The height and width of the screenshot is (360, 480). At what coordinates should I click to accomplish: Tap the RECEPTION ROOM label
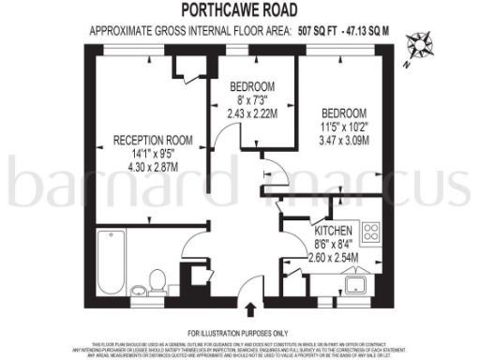pyautogui.click(x=153, y=141)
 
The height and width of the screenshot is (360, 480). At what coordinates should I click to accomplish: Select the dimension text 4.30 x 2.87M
pyautogui.click(x=153, y=167)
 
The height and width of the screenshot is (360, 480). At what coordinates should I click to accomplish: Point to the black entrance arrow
pyautogui.click(x=250, y=309)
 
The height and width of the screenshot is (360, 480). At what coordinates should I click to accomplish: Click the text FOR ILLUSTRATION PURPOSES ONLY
pyautogui.click(x=240, y=334)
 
